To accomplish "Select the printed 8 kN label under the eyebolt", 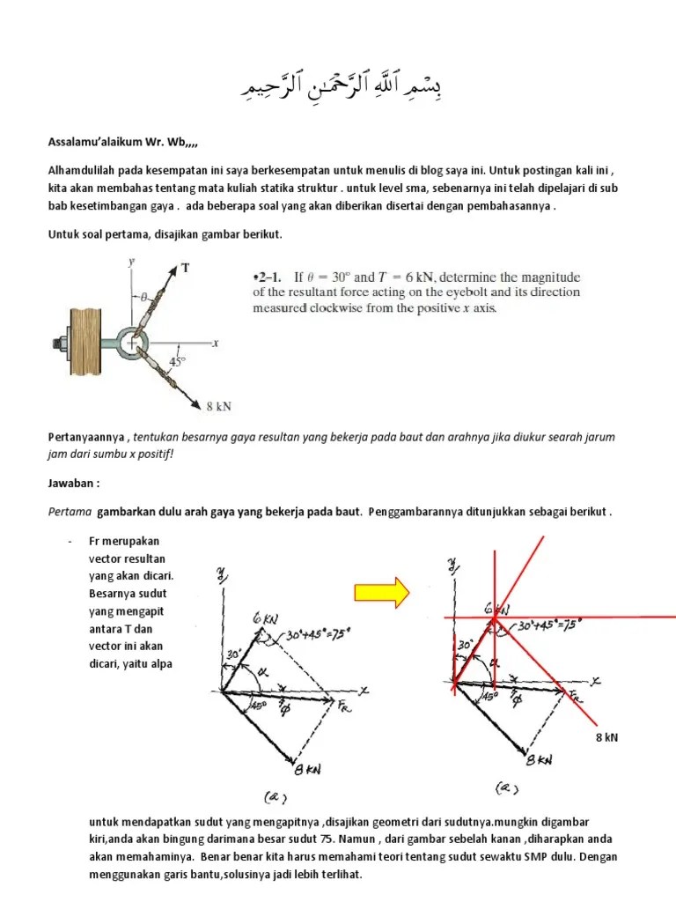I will click(218, 406).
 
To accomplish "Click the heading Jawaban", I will click(74, 484).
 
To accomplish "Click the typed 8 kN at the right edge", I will click(606, 737).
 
